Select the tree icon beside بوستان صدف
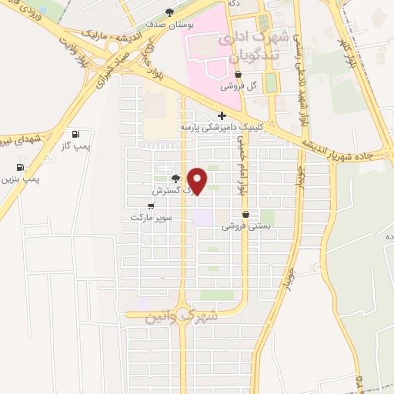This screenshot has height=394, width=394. pyautogui.click(x=170, y=12)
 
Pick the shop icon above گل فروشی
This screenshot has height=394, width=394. pyautogui.click(x=238, y=74)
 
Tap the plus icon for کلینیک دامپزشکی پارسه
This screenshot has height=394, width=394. pyautogui.click(x=222, y=115)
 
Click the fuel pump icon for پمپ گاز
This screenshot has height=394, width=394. pyautogui.click(x=75, y=134)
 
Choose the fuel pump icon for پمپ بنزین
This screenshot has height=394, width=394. pyautogui.click(x=19, y=167)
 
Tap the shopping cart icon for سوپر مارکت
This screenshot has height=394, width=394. pyautogui.click(x=151, y=205)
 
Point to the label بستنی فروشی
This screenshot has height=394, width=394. pyautogui.click(x=245, y=227)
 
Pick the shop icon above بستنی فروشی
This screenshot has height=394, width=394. pyautogui.click(x=245, y=215)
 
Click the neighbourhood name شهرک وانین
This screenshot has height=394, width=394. pyautogui.click(x=181, y=316)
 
